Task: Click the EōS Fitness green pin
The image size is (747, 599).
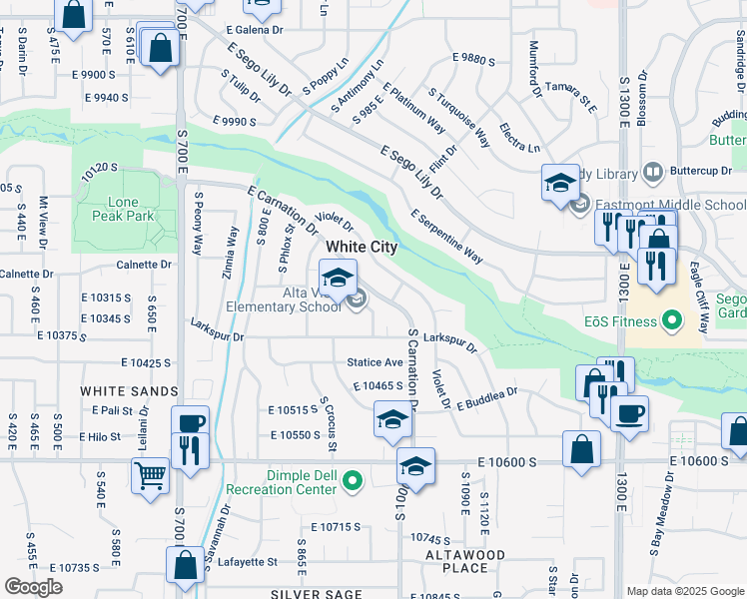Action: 672,321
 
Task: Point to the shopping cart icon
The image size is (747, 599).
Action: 150,475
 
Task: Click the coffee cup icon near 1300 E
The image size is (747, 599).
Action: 629,413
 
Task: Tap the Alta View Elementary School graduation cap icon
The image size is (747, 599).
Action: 338,276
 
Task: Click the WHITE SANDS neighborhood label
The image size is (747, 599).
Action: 116,390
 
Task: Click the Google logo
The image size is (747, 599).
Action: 33,587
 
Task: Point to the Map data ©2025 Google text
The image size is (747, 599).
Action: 684,591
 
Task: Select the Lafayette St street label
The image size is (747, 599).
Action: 248,562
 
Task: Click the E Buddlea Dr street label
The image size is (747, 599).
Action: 487,398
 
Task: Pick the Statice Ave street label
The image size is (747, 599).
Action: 374,361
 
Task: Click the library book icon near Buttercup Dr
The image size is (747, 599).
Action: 653,173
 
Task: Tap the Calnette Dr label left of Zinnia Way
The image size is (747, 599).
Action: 144,265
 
